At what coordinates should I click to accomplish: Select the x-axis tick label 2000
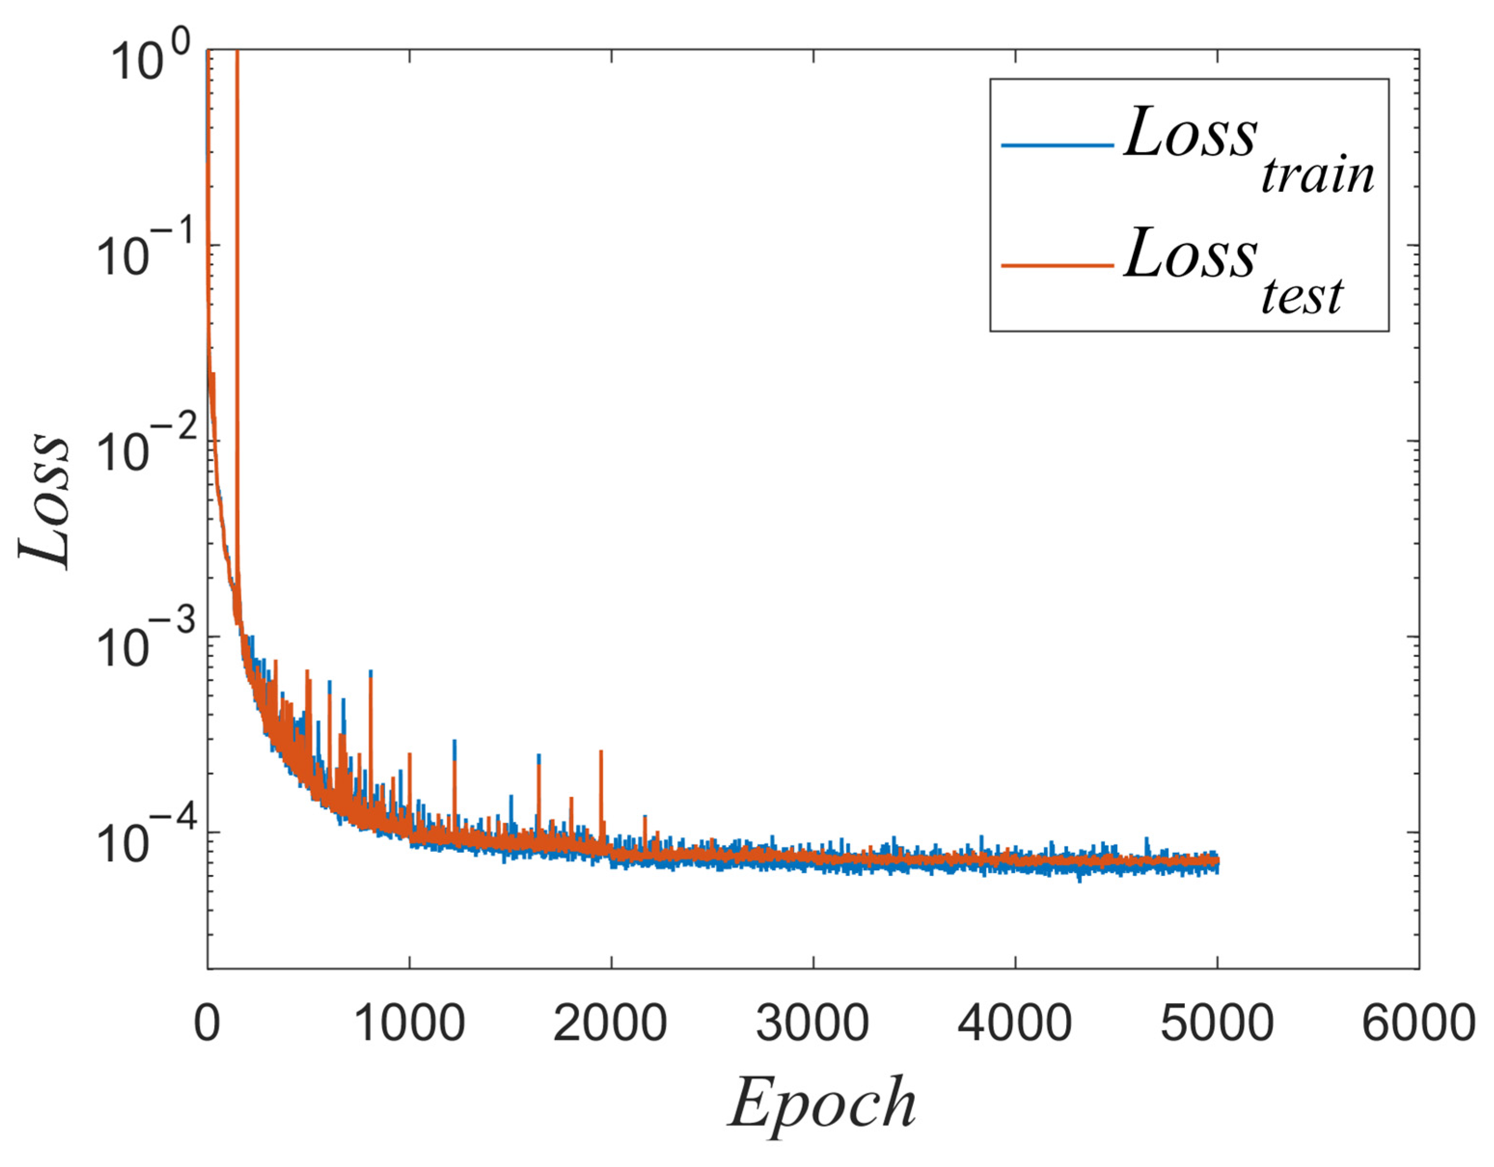pyautogui.click(x=610, y=1023)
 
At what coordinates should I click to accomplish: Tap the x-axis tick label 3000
pyautogui.click(x=813, y=1023)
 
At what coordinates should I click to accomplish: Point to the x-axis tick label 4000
pyautogui.click(x=1015, y=1023)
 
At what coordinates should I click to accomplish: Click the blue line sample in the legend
pyautogui.click(x=1057, y=145)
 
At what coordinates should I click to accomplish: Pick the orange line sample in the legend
pyautogui.click(x=1057, y=265)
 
